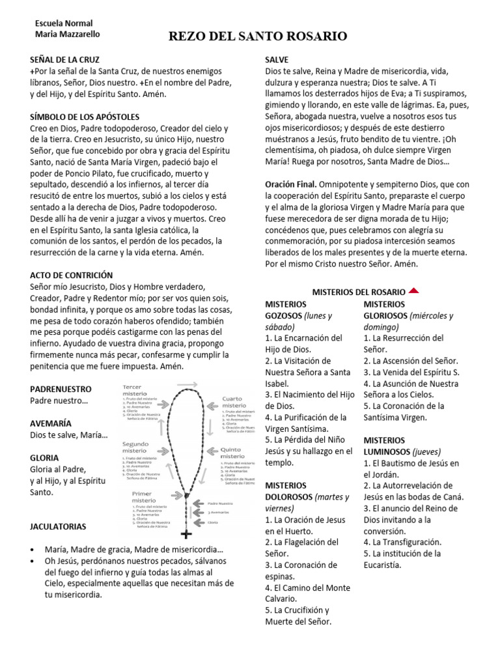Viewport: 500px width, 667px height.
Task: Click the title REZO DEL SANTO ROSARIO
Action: pos(258,36)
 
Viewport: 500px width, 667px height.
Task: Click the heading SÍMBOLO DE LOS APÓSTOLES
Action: pos(85,117)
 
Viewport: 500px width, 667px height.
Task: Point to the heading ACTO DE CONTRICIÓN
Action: pos(72,276)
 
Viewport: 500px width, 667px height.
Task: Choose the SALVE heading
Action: pos(277,59)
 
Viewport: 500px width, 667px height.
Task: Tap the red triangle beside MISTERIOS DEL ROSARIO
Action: pos(415,291)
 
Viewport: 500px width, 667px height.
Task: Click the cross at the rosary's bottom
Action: pos(187,535)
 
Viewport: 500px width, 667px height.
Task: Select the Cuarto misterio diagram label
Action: pos(234,401)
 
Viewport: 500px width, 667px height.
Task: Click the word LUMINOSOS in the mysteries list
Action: pos(386,451)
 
